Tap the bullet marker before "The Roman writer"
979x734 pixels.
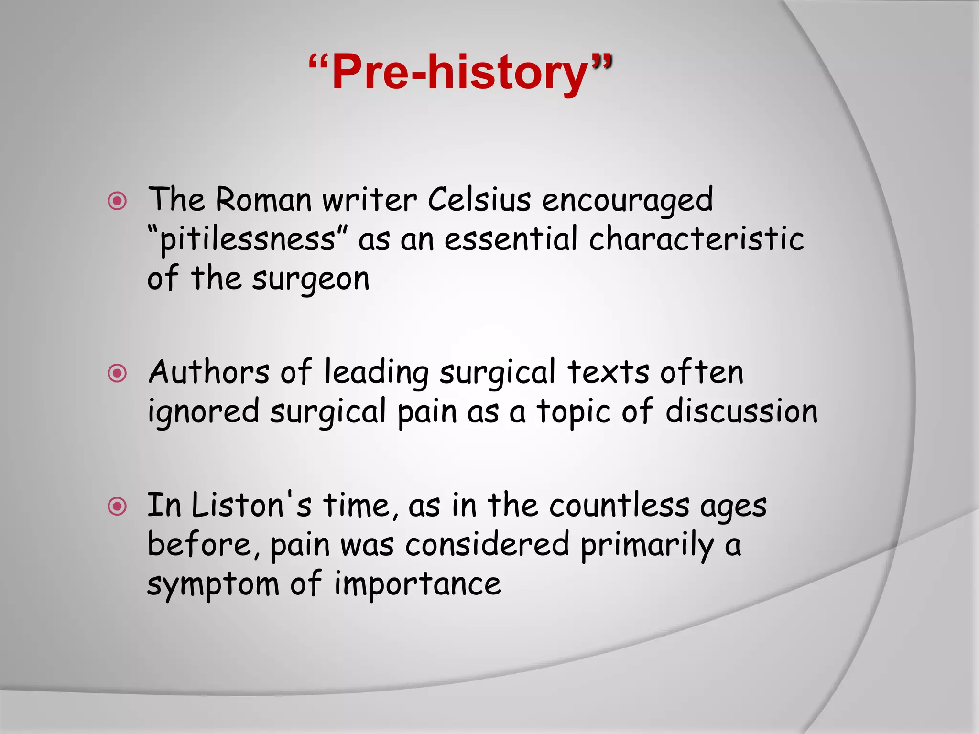[x=117, y=201]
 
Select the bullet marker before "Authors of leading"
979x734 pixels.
[x=117, y=373]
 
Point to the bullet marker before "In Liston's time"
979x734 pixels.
[x=117, y=507]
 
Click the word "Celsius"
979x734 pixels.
[x=479, y=199]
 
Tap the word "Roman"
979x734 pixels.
[x=263, y=199]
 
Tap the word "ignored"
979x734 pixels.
[x=203, y=412]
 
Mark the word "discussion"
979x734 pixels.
[x=741, y=411]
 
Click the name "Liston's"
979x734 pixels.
[x=251, y=505]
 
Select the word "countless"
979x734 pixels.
[x=620, y=505]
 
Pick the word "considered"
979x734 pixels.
[x=487, y=544]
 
